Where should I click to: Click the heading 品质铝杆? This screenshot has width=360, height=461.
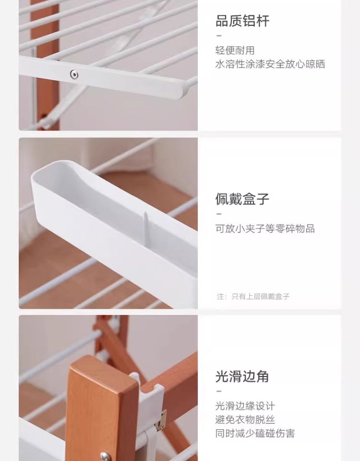(x=242, y=21)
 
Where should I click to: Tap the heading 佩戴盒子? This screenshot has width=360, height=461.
(x=242, y=199)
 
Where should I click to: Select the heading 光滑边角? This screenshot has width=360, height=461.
(x=242, y=376)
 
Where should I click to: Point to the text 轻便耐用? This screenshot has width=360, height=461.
(x=235, y=50)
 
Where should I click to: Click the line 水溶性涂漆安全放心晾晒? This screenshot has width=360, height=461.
(x=270, y=64)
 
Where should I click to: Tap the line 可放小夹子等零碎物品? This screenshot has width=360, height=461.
(x=265, y=228)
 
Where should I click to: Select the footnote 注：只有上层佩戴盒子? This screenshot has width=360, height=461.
(x=253, y=296)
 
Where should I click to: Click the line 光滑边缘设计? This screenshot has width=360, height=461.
(x=245, y=406)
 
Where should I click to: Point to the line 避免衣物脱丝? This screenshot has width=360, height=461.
(x=245, y=420)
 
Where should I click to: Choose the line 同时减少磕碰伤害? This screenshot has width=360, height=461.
(x=255, y=433)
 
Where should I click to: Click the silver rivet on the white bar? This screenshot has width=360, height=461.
(x=74, y=74)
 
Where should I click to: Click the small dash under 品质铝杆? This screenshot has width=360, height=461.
(x=219, y=36)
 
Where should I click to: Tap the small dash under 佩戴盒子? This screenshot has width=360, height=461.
(x=219, y=214)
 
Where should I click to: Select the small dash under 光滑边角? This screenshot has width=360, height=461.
(x=219, y=391)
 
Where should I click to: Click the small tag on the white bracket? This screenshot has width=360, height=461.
(x=161, y=421)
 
